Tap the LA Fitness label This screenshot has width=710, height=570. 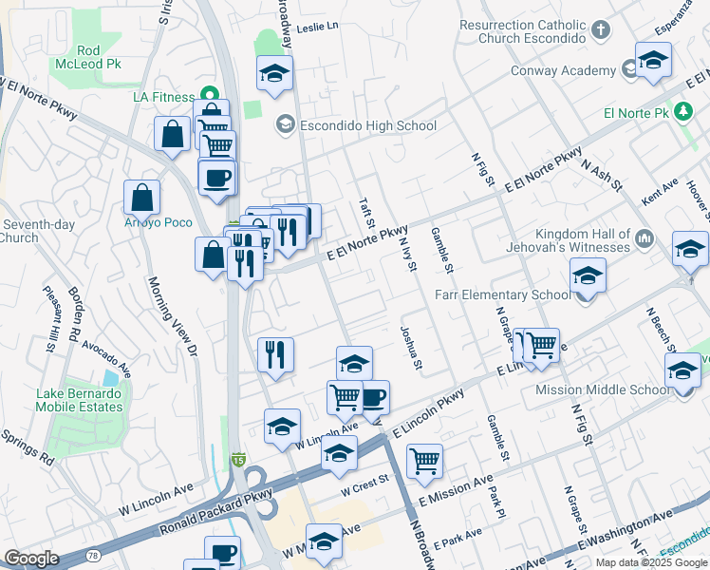point(163,97)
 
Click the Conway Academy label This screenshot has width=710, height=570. point(563,70)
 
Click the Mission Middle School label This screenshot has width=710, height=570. point(603,389)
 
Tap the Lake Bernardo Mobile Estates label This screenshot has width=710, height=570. point(79,400)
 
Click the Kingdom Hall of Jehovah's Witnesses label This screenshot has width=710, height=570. point(583,240)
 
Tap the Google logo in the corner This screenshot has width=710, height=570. point(31,559)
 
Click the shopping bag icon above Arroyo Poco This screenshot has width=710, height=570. point(141,198)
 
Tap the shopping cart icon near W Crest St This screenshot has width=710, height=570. point(424,462)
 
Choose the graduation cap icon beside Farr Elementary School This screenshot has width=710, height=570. point(589,277)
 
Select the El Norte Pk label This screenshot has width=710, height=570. point(636,113)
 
